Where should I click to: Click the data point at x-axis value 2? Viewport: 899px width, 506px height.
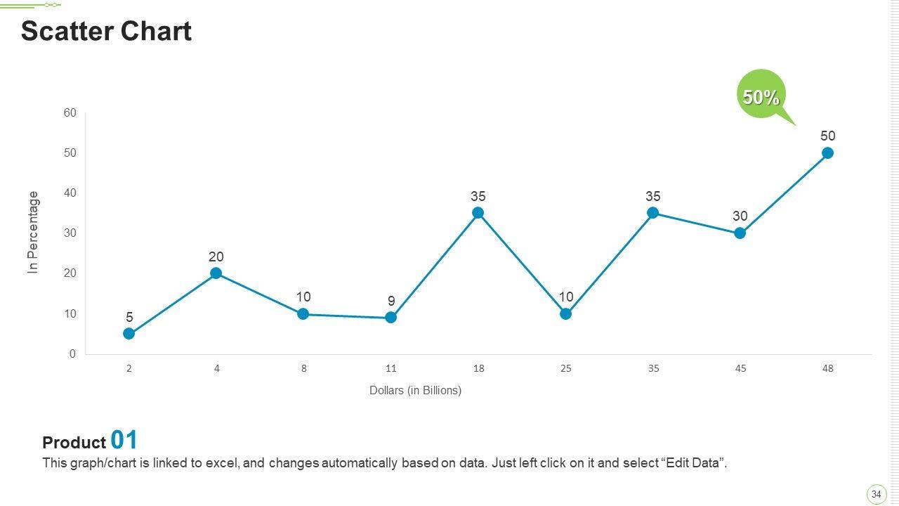tap(129, 334)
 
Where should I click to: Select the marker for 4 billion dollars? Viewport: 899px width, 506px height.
tap(216, 273)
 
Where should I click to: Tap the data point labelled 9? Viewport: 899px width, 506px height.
tap(391, 318)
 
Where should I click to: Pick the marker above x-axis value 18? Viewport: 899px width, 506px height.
tap(478, 213)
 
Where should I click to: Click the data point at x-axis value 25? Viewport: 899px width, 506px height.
tap(565, 314)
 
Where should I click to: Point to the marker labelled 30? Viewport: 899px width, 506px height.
tap(740, 233)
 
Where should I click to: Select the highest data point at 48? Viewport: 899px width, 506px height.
tap(827, 153)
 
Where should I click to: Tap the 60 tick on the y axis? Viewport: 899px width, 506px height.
tap(70, 112)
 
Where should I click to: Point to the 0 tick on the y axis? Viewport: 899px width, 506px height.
tap(72, 354)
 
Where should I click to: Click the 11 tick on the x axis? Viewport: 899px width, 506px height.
tap(391, 368)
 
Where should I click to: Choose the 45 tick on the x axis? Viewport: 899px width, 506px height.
tap(740, 368)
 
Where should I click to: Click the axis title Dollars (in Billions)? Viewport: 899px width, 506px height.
tap(415, 390)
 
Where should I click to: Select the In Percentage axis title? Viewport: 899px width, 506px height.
tap(34, 232)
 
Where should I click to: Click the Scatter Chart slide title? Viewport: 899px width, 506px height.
tap(106, 32)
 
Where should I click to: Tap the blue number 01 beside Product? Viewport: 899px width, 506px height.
tap(124, 440)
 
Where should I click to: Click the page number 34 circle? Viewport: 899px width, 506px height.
tap(876, 494)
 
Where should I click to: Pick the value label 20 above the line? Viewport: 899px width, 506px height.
tap(216, 257)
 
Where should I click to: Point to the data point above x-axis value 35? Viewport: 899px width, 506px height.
tap(652, 213)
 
